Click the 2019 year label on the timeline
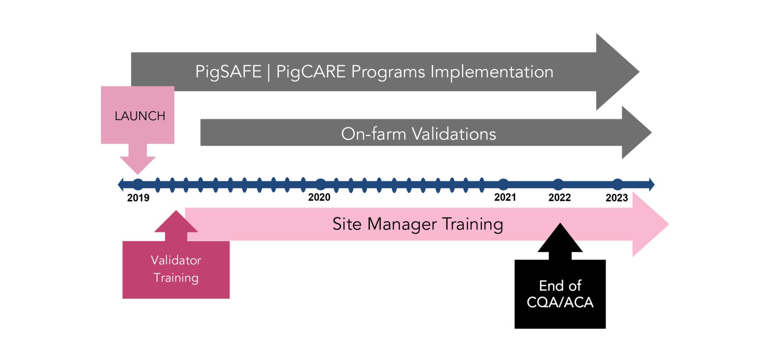coord(138,198)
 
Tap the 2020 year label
coord(319,197)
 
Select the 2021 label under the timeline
coord(505,197)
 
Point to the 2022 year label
coord(560,197)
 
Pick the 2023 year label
coord(617,198)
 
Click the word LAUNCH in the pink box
coord(140,116)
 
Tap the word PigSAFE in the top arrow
coord(228,72)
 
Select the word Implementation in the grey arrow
coord(492,72)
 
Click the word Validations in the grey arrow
coord(454,134)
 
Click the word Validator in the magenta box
coord(176,260)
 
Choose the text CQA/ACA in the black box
coord(560,302)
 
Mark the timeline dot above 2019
coord(138,184)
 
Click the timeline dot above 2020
coord(320,184)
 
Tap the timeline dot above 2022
coord(558,184)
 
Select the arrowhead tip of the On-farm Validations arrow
coord(651,132)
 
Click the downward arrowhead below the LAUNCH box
coord(138,165)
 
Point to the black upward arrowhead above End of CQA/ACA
coord(560,238)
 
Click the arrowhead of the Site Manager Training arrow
coord(650,224)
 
